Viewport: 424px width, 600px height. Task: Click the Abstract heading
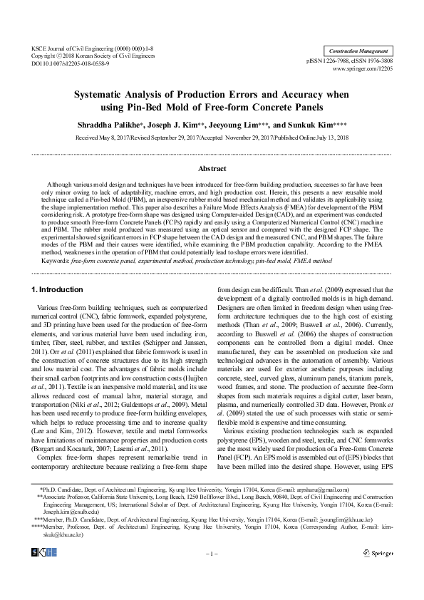(212, 169)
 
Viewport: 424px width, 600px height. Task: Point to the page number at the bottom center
(212, 553)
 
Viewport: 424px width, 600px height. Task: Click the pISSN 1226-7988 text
(329, 63)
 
